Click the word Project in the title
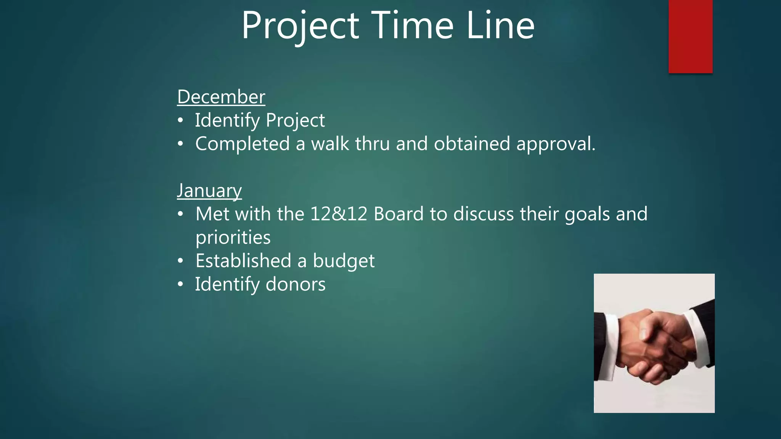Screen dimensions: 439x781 pyautogui.click(x=301, y=26)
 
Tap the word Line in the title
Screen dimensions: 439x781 pyautogui.click(x=500, y=26)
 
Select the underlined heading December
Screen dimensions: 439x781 pyautogui.click(x=221, y=97)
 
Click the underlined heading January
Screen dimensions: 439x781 pyautogui.click(x=209, y=191)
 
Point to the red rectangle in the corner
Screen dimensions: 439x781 pyautogui.click(x=690, y=36)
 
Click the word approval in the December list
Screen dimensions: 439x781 pyautogui.click(x=555, y=144)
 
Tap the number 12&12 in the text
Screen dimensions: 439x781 pyautogui.click(x=339, y=214)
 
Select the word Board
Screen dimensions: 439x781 pyautogui.click(x=399, y=214)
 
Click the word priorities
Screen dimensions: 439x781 pyautogui.click(x=233, y=237)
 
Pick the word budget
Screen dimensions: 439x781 pyautogui.click(x=344, y=261)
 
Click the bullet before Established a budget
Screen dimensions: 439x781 pyautogui.click(x=180, y=261)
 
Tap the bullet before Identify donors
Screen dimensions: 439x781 pyautogui.click(x=180, y=284)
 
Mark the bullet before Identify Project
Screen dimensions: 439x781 pyautogui.click(x=180, y=120)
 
